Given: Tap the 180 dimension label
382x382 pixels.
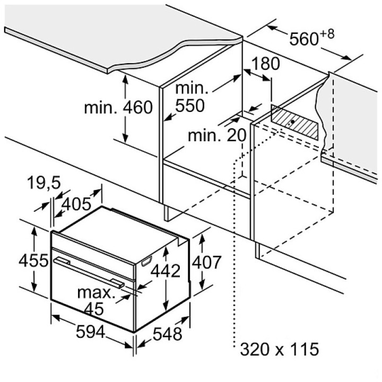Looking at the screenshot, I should (x=265, y=64).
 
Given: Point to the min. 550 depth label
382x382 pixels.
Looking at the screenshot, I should (x=190, y=97).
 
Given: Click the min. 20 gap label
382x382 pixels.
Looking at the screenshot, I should (x=217, y=135).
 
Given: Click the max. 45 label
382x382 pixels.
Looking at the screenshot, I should (x=97, y=300).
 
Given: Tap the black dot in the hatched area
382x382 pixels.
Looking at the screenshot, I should (x=292, y=121).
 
